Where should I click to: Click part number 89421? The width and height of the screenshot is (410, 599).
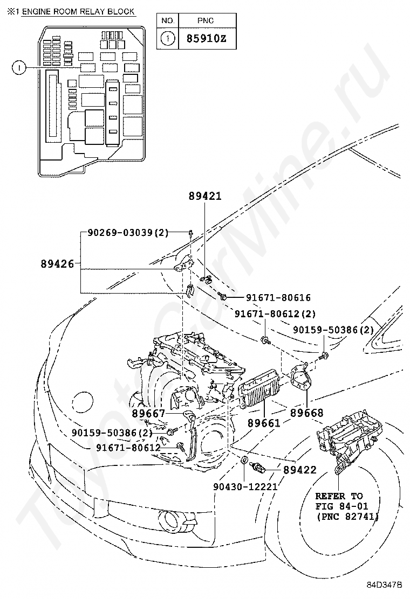205,197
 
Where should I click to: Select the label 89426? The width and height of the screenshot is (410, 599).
57,263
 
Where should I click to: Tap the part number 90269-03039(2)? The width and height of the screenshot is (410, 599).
128,233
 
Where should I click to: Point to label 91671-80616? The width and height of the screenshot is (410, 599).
278,297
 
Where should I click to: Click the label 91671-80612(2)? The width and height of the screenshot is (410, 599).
275,314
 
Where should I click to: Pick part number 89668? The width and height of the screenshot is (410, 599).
306,413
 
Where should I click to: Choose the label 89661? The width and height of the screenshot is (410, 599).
264,423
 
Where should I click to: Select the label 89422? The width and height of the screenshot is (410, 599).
300,470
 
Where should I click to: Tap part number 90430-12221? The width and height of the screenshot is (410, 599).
245,486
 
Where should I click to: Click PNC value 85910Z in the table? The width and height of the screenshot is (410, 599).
206,39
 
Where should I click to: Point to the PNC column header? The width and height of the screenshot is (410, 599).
206,20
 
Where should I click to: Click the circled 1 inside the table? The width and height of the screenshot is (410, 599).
168,39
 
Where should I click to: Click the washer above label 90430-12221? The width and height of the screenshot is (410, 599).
244,461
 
